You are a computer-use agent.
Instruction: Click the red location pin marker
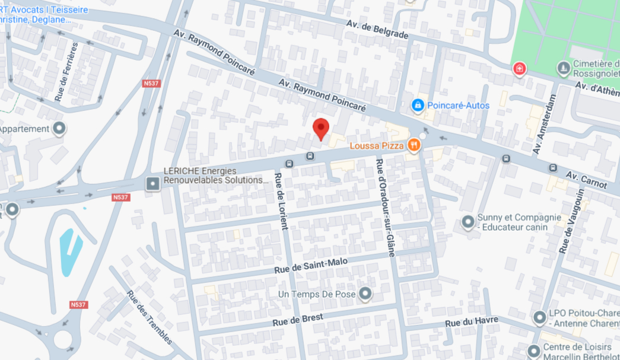(321, 128)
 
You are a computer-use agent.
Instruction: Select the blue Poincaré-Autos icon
(418, 105)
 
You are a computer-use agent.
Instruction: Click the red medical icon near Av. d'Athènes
(519, 69)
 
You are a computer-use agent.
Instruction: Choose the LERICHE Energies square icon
(153, 184)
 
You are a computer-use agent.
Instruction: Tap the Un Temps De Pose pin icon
(365, 294)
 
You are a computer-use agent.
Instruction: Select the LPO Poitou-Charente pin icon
(539, 318)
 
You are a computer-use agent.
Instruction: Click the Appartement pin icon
(59, 129)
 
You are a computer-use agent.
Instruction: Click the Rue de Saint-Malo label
(310, 265)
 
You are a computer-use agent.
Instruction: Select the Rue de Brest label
(298, 320)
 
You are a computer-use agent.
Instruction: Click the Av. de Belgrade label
(378, 28)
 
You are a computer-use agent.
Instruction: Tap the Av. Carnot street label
(586, 180)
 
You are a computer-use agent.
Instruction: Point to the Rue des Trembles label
(149, 317)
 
